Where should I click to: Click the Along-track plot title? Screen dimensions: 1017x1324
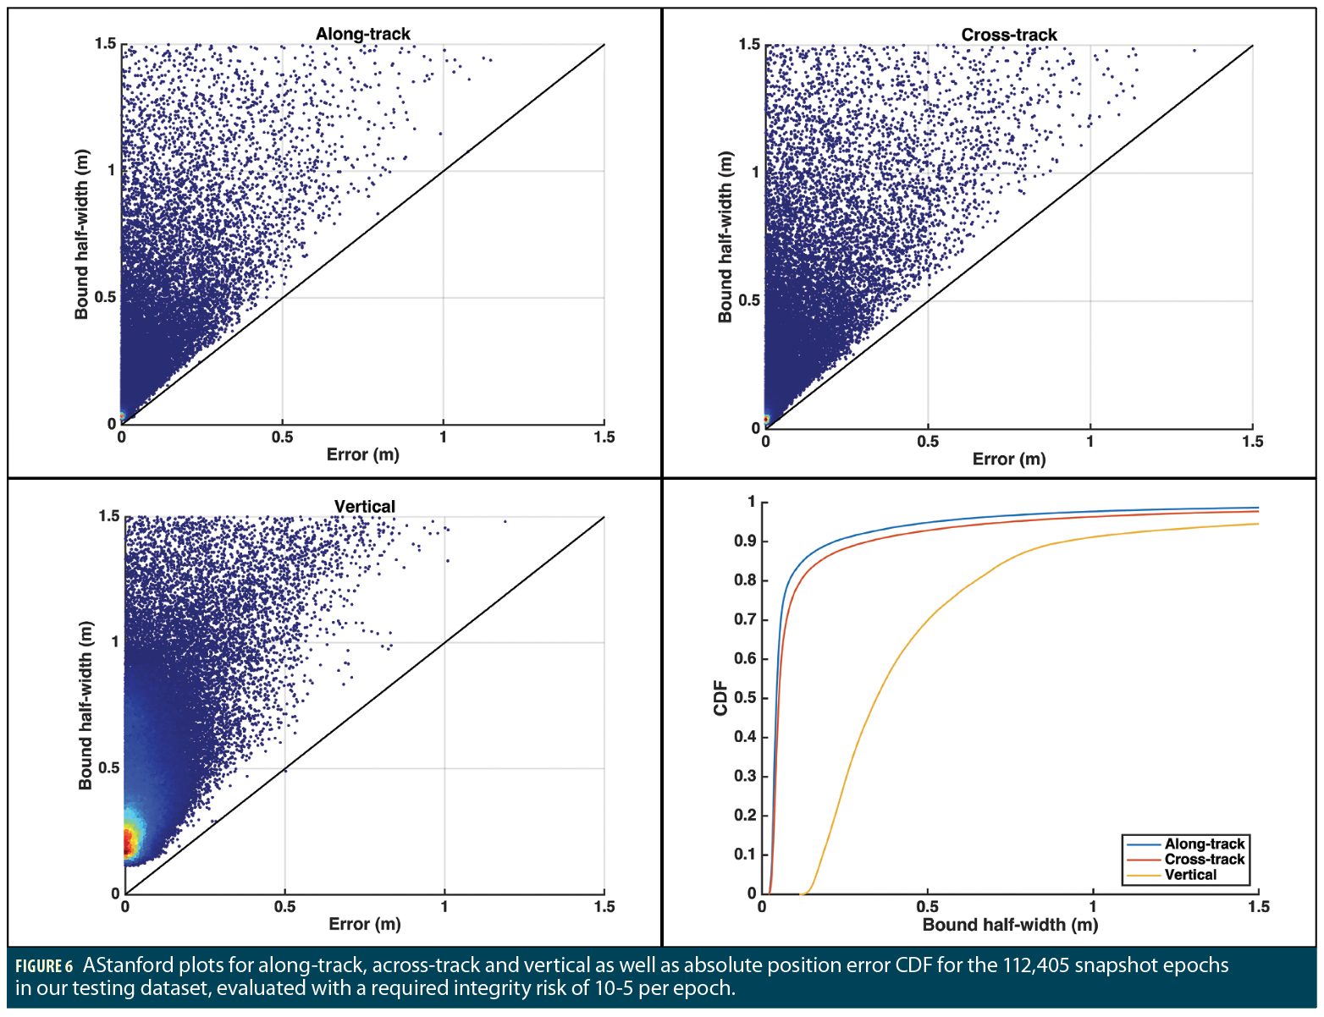click(x=362, y=34)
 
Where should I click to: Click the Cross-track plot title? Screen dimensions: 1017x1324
click(x=1008, y=35)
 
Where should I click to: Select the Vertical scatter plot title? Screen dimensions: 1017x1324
click(x=364, y=506)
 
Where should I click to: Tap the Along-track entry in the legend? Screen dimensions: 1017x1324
click(x=1204, y=844)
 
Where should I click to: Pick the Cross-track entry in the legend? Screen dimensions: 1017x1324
click(x=1204, y=859)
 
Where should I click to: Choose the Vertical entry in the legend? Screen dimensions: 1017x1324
click(x=1190, y=875)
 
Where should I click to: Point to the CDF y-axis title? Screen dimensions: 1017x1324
click(x=721, y=698)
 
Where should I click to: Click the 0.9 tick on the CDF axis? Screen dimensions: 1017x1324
click(x=745, y=541)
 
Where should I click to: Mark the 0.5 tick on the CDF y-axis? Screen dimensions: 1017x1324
click(x=745, y=698)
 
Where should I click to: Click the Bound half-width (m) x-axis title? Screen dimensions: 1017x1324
click(x=1010, y=925)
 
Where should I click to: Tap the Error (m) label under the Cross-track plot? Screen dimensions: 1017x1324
click(x=1008, y=459)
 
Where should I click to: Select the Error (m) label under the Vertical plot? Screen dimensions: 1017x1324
click(x=364, y=924)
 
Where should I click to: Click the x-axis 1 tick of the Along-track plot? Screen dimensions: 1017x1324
click(x=443, y=437)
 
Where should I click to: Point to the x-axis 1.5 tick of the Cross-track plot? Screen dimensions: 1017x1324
click(x=1252, y=441)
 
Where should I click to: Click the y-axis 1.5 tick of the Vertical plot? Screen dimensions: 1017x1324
click(x=109, y=516)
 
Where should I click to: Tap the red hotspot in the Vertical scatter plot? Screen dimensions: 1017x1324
click(x=129, y=842)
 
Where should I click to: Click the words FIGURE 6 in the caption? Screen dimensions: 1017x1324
click(x=44, y=967)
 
